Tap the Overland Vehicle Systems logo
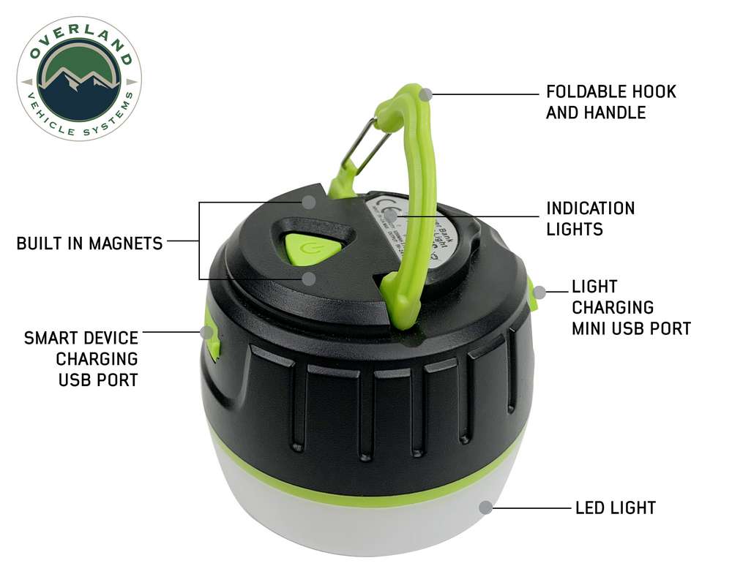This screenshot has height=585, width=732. [x=79, y=79]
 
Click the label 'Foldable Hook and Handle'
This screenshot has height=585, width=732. [x=610, y=102]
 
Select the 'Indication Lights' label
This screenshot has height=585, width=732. [x=590, y=218]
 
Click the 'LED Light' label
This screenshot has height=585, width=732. [x=615, y=507]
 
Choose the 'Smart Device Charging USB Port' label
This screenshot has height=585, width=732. [x=81, y=359]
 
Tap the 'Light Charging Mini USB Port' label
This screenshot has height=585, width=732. [x=631, y=307]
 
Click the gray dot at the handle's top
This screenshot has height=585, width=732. [x=427, y=94]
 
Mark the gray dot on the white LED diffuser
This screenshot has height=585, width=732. [x=485, y=507]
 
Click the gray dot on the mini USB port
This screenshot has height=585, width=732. [x=539, y=292]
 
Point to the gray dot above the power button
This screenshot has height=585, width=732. [x=310, y=202]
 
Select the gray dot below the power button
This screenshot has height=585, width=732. [x=310, y=279]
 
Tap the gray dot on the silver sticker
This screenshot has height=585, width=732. [x=392, y=216]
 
